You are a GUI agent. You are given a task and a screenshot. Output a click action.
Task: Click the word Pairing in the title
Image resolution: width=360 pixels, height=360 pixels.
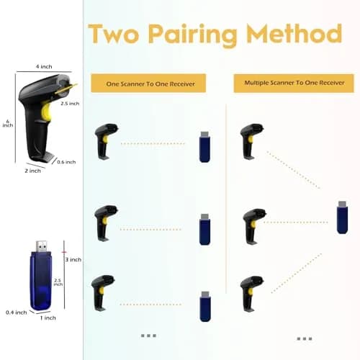(x=192, y=35)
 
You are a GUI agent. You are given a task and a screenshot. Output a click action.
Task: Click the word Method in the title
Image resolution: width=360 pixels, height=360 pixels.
(x=294, y=33)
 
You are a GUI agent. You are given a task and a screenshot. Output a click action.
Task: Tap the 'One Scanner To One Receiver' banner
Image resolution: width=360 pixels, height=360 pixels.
(x=148, y=84)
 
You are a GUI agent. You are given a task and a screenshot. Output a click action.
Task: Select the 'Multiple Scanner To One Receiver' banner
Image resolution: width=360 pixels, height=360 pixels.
(x=294, y=83)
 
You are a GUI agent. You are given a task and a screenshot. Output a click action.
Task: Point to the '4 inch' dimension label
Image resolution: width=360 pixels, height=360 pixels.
(x=44, y=66)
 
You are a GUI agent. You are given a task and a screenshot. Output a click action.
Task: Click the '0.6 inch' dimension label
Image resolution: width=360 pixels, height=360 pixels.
(x=66, y=162)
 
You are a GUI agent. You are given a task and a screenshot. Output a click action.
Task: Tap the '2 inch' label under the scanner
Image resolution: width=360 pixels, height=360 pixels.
(x=32, y=171)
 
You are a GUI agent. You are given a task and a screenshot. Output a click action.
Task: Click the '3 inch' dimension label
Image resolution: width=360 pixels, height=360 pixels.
(x=73, y=259)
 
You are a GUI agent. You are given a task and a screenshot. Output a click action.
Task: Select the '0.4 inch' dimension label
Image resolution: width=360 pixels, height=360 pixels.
(x=17, y=312)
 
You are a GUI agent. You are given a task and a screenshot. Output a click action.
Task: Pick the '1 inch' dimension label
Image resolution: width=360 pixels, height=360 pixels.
(x=48, y=318)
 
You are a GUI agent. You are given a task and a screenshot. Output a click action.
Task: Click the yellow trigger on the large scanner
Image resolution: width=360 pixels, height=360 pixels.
(x=46, y=112)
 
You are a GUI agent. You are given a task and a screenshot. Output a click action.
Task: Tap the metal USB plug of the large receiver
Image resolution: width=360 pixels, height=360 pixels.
(x=42, y=246)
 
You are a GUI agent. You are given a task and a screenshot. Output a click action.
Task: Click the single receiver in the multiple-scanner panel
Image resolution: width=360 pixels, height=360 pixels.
(x=342, y=217)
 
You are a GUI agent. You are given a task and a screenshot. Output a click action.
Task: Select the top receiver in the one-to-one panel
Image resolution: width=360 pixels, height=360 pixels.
(x=205, y=147)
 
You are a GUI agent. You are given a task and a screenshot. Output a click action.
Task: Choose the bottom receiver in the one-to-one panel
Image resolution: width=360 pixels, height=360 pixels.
(x=205, y=307)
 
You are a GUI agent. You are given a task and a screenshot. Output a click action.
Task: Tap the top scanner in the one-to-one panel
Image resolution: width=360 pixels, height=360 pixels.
(x=107, y=142)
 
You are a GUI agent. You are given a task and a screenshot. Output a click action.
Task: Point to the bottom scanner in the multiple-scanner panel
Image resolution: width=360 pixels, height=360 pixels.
(x=251, y=294)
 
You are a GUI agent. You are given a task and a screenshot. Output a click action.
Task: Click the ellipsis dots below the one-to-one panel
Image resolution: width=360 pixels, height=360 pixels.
(x=148, y=336)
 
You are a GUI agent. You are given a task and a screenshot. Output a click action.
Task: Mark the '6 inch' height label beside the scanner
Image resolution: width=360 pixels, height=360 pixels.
(x=8, y=123)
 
